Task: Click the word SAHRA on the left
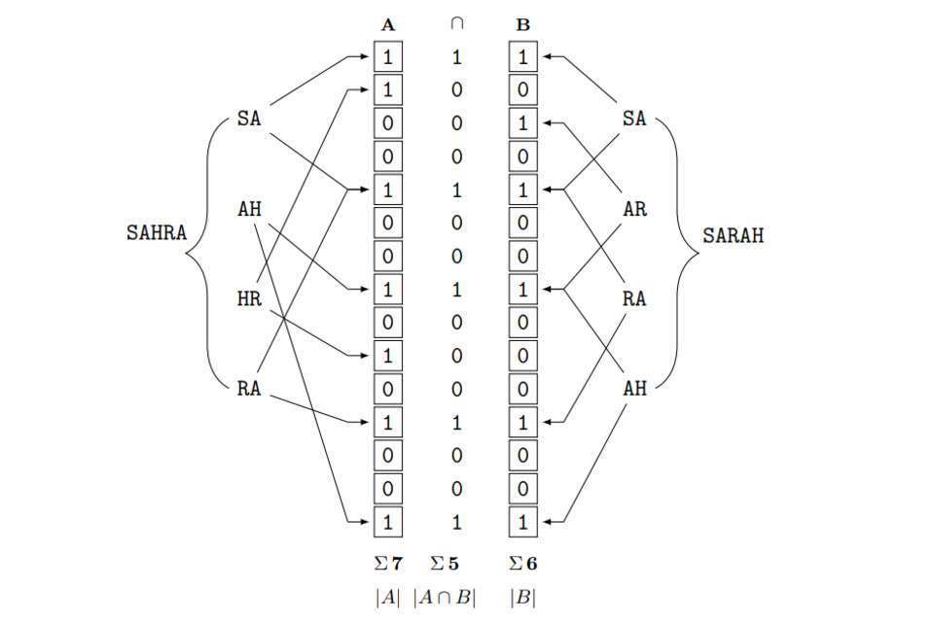click(156, 234)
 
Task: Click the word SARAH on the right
click(734, 234)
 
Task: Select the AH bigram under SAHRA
click(249, 209)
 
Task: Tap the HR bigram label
click(249, 299)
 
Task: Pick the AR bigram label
click(634, 209)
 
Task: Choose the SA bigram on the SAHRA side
click(249, 120)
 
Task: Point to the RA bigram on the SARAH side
click(634, 299)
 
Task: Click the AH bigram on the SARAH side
click(634, 389)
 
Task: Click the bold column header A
click(388, 25)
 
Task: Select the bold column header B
click(523, 25)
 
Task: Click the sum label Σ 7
click(388, 562)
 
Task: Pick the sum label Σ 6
click(523, 562)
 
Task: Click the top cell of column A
click(388, 57)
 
